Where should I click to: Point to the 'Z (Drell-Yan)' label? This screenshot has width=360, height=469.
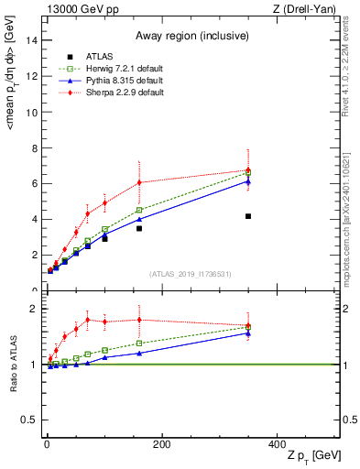[x=308, y=9]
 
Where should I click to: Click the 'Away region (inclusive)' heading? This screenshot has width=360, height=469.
[x=192, y=36]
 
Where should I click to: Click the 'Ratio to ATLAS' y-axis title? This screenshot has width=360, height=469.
[x=15, y=365]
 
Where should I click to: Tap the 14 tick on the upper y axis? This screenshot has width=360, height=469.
[x=33, y=40]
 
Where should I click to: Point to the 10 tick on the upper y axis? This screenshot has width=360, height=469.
[x=33, y=112]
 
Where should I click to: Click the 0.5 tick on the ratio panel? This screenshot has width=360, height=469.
[x=30, y=420]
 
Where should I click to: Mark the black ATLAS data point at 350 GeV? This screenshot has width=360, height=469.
[x=248, y=216]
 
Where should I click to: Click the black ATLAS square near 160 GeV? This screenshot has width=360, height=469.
[x=139, y=228]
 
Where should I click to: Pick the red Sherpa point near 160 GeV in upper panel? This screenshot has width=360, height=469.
[x=139, y=182]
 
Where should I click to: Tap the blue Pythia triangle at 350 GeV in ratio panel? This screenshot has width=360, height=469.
[x=248, y=333]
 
